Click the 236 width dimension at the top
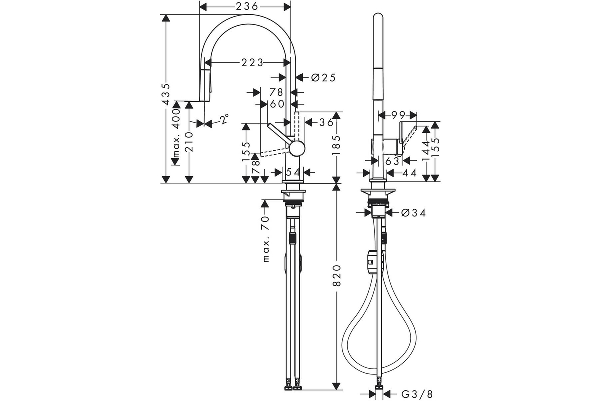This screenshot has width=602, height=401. point(247,6)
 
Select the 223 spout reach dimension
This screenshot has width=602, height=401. point(252,63)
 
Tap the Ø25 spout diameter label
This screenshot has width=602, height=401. point(323,78)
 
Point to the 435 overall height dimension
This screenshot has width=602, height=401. point(167,94)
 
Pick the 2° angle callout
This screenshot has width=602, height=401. point(225,119)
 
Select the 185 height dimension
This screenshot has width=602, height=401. point(336,145)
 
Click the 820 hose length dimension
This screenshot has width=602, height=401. point(337,275)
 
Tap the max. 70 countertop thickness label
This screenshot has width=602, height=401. point(265,238)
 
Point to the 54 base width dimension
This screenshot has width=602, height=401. point(292,173)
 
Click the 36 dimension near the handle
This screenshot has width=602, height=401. point(326,123)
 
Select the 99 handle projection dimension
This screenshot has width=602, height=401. point(398,115)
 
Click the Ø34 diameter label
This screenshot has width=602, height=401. point(413,213)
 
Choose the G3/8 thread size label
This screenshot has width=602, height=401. point(417,394)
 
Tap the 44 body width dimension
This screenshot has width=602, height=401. point(409,173)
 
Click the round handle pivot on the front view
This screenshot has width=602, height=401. point(297,148)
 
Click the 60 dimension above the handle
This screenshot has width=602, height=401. point(277,104)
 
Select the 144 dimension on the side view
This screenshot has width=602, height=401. point(426,151)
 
